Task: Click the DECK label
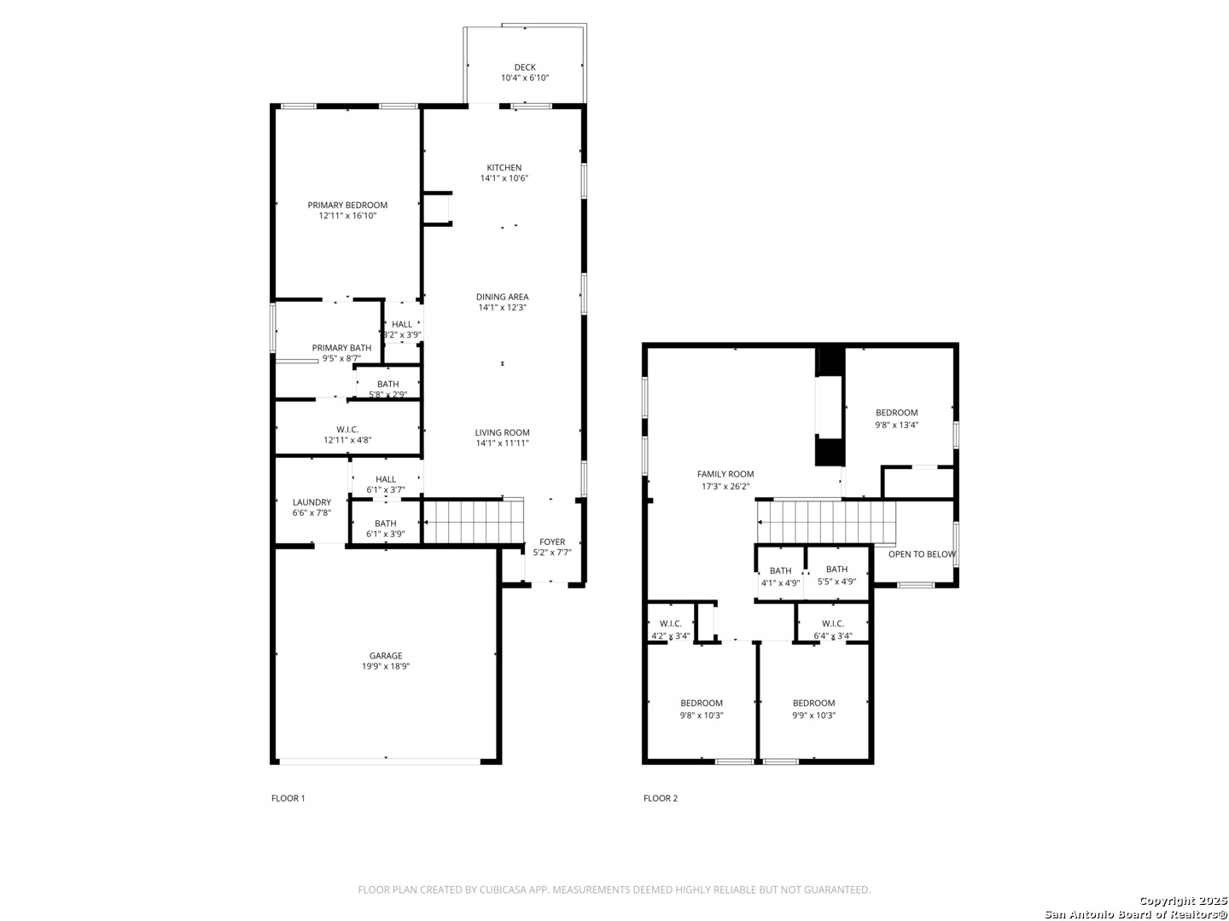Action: point(525,67)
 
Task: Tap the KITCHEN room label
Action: point(504,167)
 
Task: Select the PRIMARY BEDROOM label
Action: point(347,205)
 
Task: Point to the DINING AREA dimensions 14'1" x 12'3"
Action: point(502,307)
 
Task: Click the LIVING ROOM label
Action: point(502,432)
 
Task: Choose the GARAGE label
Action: point(386,656)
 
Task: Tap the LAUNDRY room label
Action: point(312,502)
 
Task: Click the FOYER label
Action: point(552,542)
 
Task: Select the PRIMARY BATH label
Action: point(341,348)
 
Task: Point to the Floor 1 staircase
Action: point(474,522)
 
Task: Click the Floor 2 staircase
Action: point(826,522)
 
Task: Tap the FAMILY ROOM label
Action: point(725,473)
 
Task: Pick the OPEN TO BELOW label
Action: point(922,554)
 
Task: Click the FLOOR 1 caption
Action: point(288,798)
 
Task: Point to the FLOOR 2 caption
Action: point(661,798)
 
